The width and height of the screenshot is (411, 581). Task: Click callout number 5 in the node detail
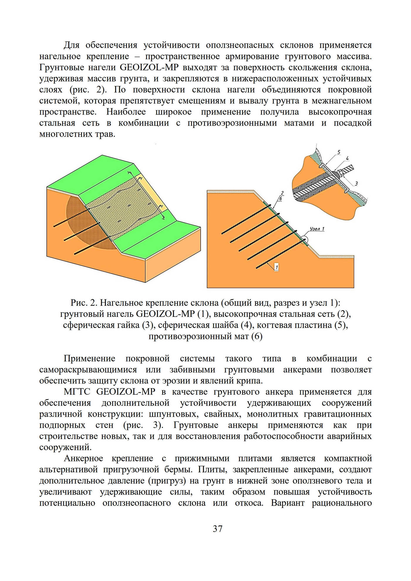click(339, 152)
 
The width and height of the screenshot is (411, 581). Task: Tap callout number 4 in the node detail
click(347, 158)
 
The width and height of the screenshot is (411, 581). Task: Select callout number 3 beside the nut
click(356, 184)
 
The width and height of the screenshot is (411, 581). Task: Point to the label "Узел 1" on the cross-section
click(317, 229)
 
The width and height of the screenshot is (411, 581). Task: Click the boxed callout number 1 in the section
click(276, 267)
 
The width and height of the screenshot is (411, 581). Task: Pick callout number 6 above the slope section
click(280, 199)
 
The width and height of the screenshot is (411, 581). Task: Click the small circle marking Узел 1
click(304, 240)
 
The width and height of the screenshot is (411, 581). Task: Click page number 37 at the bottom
click(218, 529)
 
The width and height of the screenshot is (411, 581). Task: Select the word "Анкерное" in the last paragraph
click(83, 459)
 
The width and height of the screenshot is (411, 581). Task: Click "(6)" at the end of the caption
click(257, 336)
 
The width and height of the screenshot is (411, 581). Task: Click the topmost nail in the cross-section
click(246, 219)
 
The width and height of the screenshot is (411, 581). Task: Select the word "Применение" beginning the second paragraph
click(90, 359)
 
